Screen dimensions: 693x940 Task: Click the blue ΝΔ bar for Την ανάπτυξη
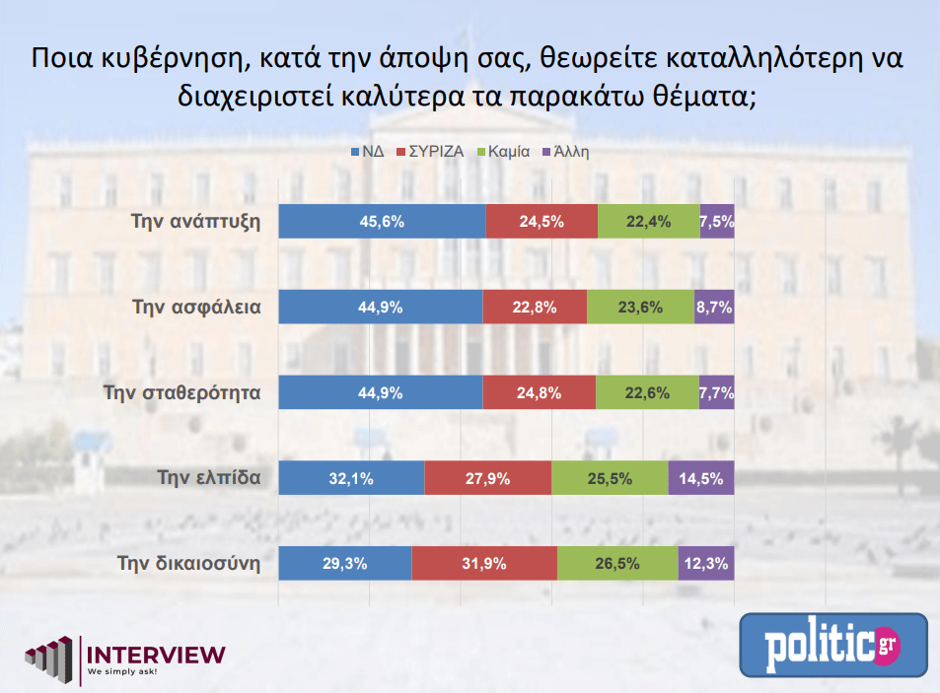[383, 222]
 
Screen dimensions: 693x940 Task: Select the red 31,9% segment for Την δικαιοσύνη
[484, 564]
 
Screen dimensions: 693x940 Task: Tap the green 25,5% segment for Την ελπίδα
[610, 479]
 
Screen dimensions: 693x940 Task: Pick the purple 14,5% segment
[701, 479]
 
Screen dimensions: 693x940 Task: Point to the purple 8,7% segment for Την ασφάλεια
[714, 307]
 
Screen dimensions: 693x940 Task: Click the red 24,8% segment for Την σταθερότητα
[539, 392]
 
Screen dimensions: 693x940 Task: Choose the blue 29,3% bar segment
[345, 564]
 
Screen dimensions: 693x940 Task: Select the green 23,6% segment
[640, 307]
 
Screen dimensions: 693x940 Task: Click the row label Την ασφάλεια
[196, 307]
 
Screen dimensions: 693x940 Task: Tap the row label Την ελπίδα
[209, 479]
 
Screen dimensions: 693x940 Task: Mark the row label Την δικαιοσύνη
[188, 564]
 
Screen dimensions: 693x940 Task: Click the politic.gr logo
[833, 646]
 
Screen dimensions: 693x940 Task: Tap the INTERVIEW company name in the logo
[157, 654]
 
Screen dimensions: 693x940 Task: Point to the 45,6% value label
[383, 222]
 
